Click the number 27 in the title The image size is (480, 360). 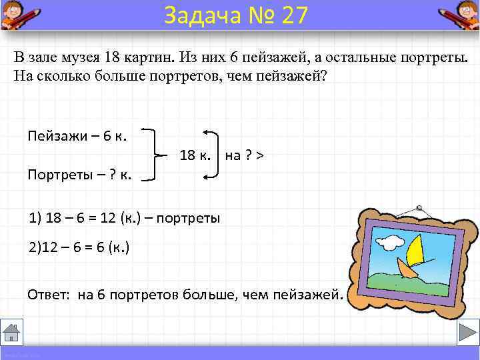(294, 15)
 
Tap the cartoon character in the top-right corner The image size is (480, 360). (461, 15)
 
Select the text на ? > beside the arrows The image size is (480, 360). (244, 155)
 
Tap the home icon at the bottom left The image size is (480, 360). (13, 331)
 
